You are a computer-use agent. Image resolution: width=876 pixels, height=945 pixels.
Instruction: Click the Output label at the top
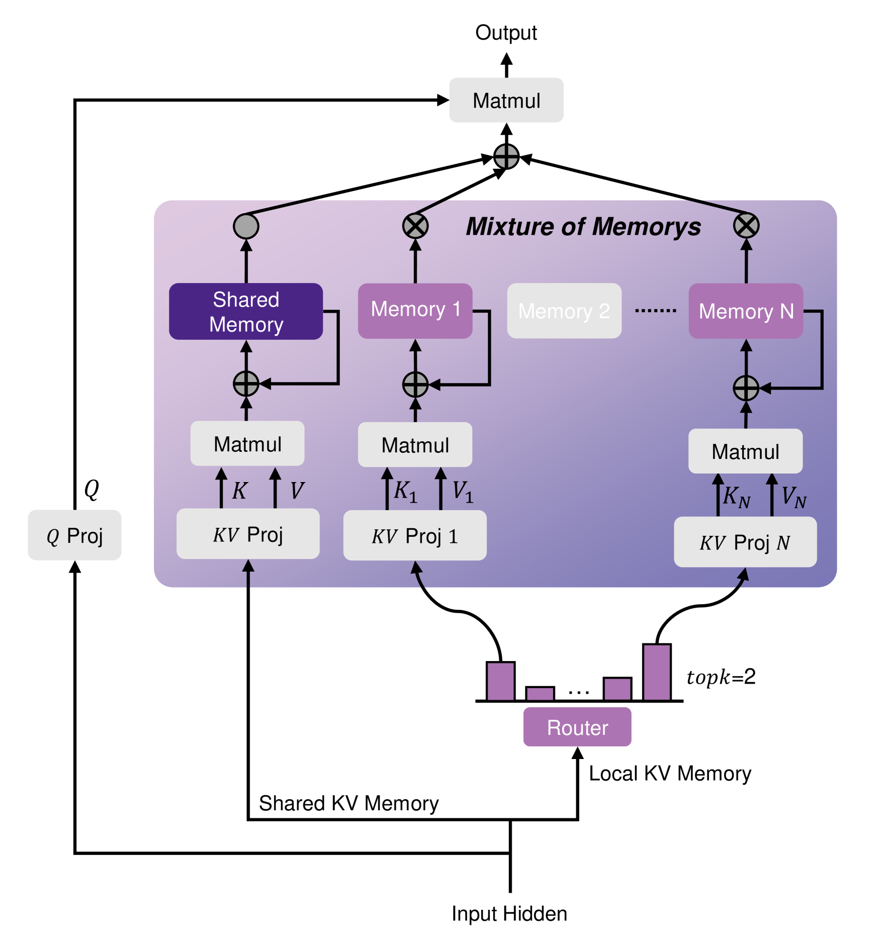click(x=506, y=33)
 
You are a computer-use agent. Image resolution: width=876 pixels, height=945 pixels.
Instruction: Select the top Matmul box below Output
click(x=506, y=100)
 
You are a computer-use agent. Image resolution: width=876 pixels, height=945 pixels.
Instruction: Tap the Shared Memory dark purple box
click(x=246, y=312)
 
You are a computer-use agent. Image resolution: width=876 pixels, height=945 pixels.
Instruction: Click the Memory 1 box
click(x=415, y=310)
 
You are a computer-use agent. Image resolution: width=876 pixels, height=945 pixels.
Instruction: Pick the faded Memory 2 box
click(x=564, y=311)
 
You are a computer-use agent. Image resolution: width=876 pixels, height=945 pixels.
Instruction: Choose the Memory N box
click(x=745, y=311)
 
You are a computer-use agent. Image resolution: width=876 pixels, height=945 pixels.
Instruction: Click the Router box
click(x=577, y=727)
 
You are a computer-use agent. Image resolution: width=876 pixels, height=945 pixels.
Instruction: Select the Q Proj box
click(x=74, y=535)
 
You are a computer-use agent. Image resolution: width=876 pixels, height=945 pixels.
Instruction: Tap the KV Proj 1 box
click(x=414, y=536)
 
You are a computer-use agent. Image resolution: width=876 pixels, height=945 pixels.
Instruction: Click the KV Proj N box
click(x=745, y=542)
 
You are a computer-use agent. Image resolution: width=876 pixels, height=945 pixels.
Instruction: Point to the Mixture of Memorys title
click(x=583, y=226)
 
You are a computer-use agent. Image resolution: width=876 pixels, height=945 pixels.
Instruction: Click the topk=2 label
click(x=721, y=677)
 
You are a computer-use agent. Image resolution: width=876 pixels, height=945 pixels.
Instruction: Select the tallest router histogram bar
click(x=656, y=673)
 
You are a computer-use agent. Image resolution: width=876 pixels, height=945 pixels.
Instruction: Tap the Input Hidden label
click(x=509, y=913)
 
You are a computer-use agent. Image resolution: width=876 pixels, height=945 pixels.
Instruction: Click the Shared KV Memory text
click(x=348, y=803)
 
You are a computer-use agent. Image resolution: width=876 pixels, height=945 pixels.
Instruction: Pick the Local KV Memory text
click(x=669, y=774)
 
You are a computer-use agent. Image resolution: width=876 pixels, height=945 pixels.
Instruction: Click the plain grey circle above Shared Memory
click(x=246, y=226)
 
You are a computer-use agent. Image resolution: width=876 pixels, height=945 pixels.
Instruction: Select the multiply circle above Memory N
click(x=746, y=225)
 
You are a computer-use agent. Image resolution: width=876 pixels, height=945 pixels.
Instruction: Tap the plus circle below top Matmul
click(x=506, y=157)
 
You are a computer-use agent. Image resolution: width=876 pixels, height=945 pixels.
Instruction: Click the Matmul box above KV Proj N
click(x=745, y=451)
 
